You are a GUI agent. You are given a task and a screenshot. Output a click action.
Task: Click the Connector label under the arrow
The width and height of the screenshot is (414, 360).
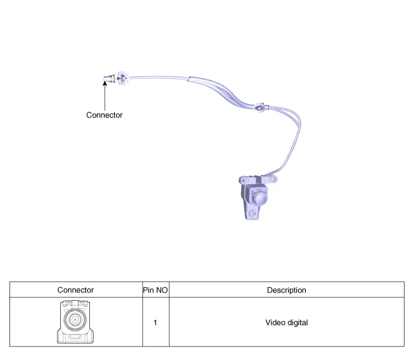[x=104, y=115]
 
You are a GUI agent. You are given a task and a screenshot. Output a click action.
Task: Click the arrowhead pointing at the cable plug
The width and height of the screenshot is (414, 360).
[x=105, y=83]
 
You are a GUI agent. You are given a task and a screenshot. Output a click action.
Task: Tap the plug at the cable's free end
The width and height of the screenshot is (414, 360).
[x=108, y=79]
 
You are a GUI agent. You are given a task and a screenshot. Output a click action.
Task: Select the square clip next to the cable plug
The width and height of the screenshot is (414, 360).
[x=122, y=78]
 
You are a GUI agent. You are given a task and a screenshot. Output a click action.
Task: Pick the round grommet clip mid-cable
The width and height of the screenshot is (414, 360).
[x=259, y=107]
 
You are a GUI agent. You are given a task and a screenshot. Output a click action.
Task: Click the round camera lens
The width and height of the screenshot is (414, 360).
[x=260, y=198]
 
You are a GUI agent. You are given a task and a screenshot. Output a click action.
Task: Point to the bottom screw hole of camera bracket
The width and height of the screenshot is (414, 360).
[x=252, y=214]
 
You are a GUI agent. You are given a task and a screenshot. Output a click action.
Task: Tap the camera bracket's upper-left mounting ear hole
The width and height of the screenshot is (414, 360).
[x=243, y=181]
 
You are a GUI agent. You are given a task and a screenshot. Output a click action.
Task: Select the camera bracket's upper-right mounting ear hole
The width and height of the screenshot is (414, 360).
[x=273, y=179]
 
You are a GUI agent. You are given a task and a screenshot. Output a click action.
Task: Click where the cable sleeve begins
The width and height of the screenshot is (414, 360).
[x=189, y=79]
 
